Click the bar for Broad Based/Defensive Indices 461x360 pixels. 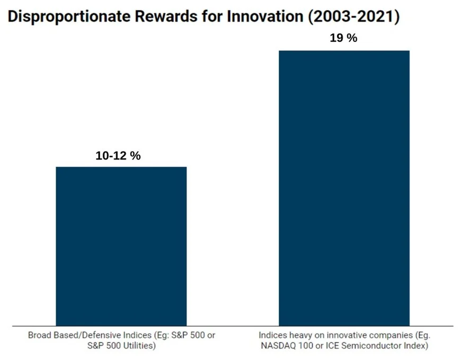(x=121, y=246)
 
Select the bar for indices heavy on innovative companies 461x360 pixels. (x=344, y=187)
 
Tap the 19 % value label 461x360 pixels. (x=344, y=39)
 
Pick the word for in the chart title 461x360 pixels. (x=211, y=17)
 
